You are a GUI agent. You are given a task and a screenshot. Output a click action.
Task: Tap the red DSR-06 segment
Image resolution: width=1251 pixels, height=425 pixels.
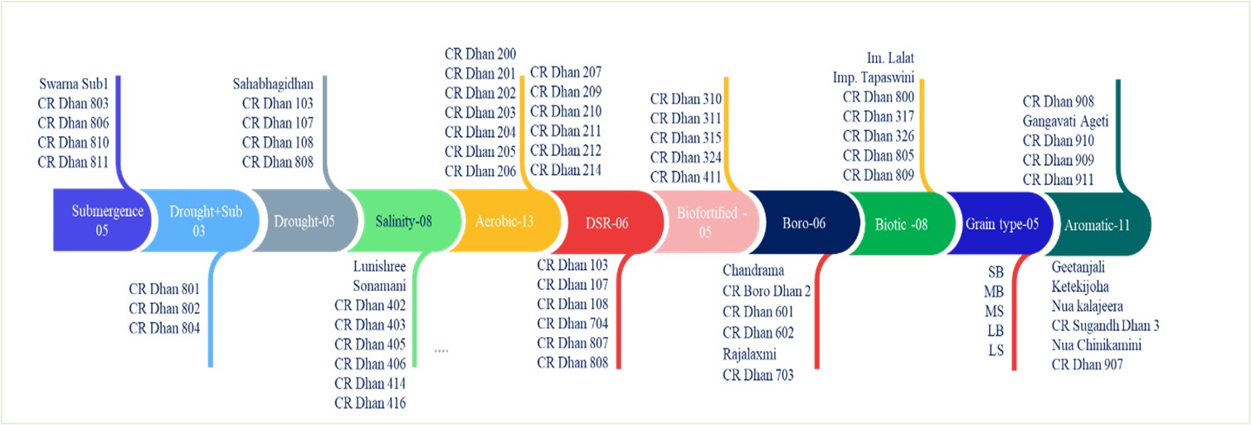[607, 222]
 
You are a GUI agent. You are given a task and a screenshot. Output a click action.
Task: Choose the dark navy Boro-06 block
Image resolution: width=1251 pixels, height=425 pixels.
[804, 222]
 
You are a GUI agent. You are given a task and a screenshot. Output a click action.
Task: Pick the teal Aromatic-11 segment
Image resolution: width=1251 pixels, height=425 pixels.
[1098, 224]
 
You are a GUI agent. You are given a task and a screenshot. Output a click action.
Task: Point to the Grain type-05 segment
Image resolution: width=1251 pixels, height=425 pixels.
[1000, 224]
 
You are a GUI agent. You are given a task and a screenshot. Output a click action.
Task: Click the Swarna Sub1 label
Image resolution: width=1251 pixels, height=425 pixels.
[73, 84]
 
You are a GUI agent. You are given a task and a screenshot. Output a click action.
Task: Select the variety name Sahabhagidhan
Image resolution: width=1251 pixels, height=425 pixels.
[273, 84]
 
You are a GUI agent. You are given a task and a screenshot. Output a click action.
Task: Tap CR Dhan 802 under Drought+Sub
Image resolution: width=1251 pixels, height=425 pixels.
[164, 308]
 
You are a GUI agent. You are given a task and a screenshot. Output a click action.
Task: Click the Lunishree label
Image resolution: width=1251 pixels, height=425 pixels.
[379, 266]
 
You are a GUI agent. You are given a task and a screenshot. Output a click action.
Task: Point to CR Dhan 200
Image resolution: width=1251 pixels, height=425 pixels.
[480, 54]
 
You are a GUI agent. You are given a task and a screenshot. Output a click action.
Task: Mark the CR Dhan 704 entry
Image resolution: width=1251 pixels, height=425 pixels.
[572, 324]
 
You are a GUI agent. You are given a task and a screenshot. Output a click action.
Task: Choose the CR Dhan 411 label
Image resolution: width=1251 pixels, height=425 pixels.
[686, 177]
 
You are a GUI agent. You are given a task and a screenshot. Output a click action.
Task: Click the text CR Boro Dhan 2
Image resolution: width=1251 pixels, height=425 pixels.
[767, 291]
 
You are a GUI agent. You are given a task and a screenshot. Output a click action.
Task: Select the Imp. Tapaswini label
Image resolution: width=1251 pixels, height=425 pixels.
[874, 78]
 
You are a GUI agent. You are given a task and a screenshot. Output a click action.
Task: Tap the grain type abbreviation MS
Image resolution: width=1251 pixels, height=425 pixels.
[994, 311]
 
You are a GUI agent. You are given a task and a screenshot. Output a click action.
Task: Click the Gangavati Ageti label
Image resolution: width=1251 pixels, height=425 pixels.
[1065, 121]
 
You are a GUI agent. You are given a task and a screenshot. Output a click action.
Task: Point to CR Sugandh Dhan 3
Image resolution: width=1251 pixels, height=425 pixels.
[1105, 325]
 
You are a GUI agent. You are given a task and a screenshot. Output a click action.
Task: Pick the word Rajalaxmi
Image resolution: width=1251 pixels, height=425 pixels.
[749, 354]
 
